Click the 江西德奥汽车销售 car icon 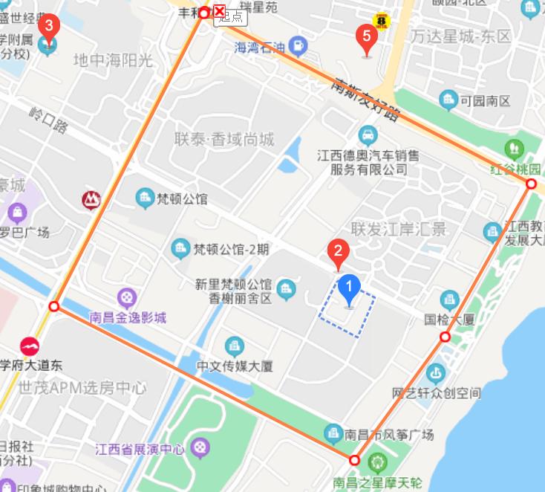pos(367,135)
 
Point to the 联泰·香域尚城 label pos(224,140)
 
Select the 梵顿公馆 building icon pos(143,198)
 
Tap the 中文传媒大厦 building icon pos(234,346)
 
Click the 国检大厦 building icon pos(449,300)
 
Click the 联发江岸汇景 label pos(399,228)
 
